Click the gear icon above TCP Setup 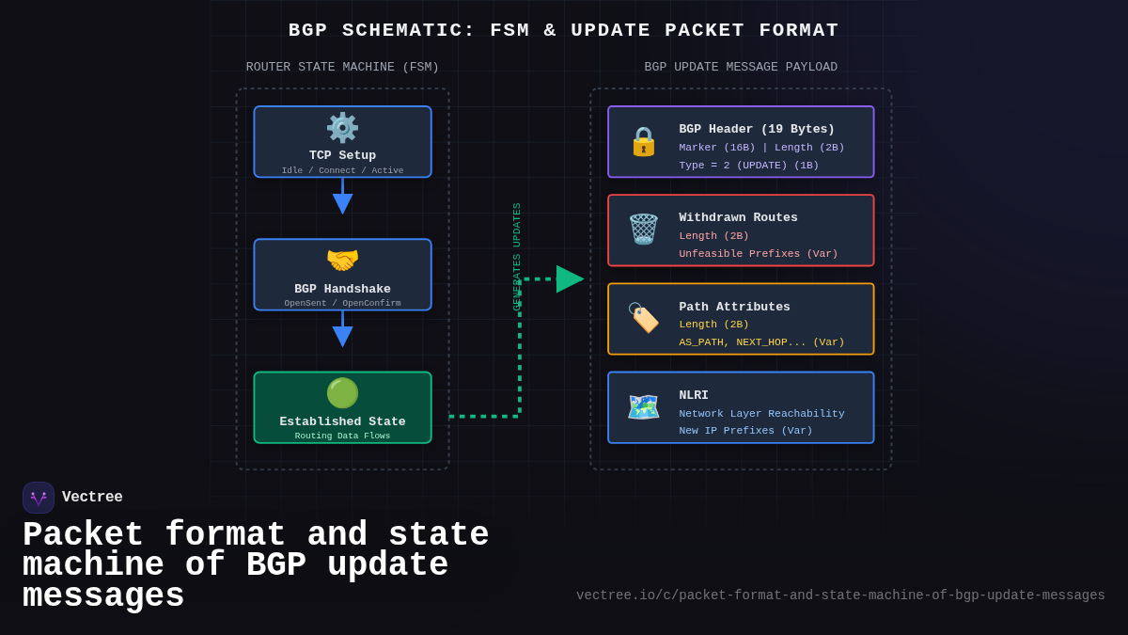342,128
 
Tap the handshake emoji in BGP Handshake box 342,261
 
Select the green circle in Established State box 342,393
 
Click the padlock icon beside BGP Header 643,141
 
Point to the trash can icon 643,230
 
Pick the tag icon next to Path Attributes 643,318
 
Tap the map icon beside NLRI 643,406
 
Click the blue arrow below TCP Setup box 342,202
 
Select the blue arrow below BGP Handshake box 342,335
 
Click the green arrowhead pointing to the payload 569,278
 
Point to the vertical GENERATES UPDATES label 517,256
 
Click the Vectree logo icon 39,498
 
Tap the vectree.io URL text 840,595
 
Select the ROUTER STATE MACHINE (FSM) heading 342,68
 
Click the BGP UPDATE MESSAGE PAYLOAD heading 741,68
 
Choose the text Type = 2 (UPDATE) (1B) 748,166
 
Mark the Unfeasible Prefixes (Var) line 758,254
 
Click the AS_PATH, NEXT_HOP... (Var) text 761,342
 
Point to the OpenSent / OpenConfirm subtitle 342,303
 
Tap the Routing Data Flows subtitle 342,436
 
